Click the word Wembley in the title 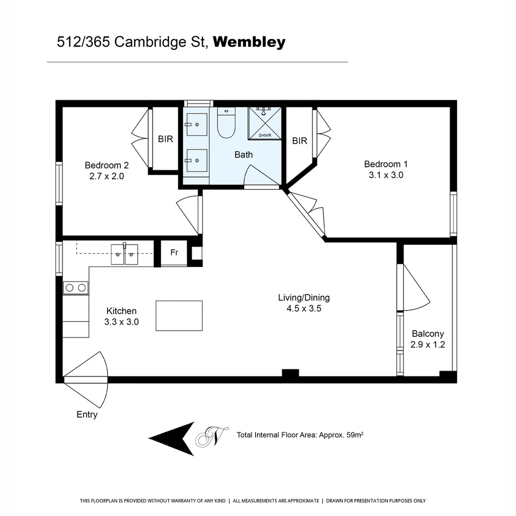coord(249,42)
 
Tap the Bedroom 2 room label coord(107,165)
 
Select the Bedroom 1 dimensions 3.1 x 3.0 coord(386,175)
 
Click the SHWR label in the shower coord(265,136)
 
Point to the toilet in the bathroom coord(226,124)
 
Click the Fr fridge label coord(174,252)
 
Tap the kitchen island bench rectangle coord(179,315)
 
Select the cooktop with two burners coord(75,288)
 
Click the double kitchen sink coord(124,254)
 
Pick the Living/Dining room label coord(304,298)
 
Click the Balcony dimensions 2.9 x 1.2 coord(428,344)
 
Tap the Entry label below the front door coord(87,415)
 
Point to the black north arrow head coord(172,438)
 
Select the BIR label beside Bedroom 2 coord(165,140)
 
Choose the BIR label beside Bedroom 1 coord(300,141)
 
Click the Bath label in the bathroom coord(244,154)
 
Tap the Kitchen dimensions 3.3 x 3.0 coord(121,322)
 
